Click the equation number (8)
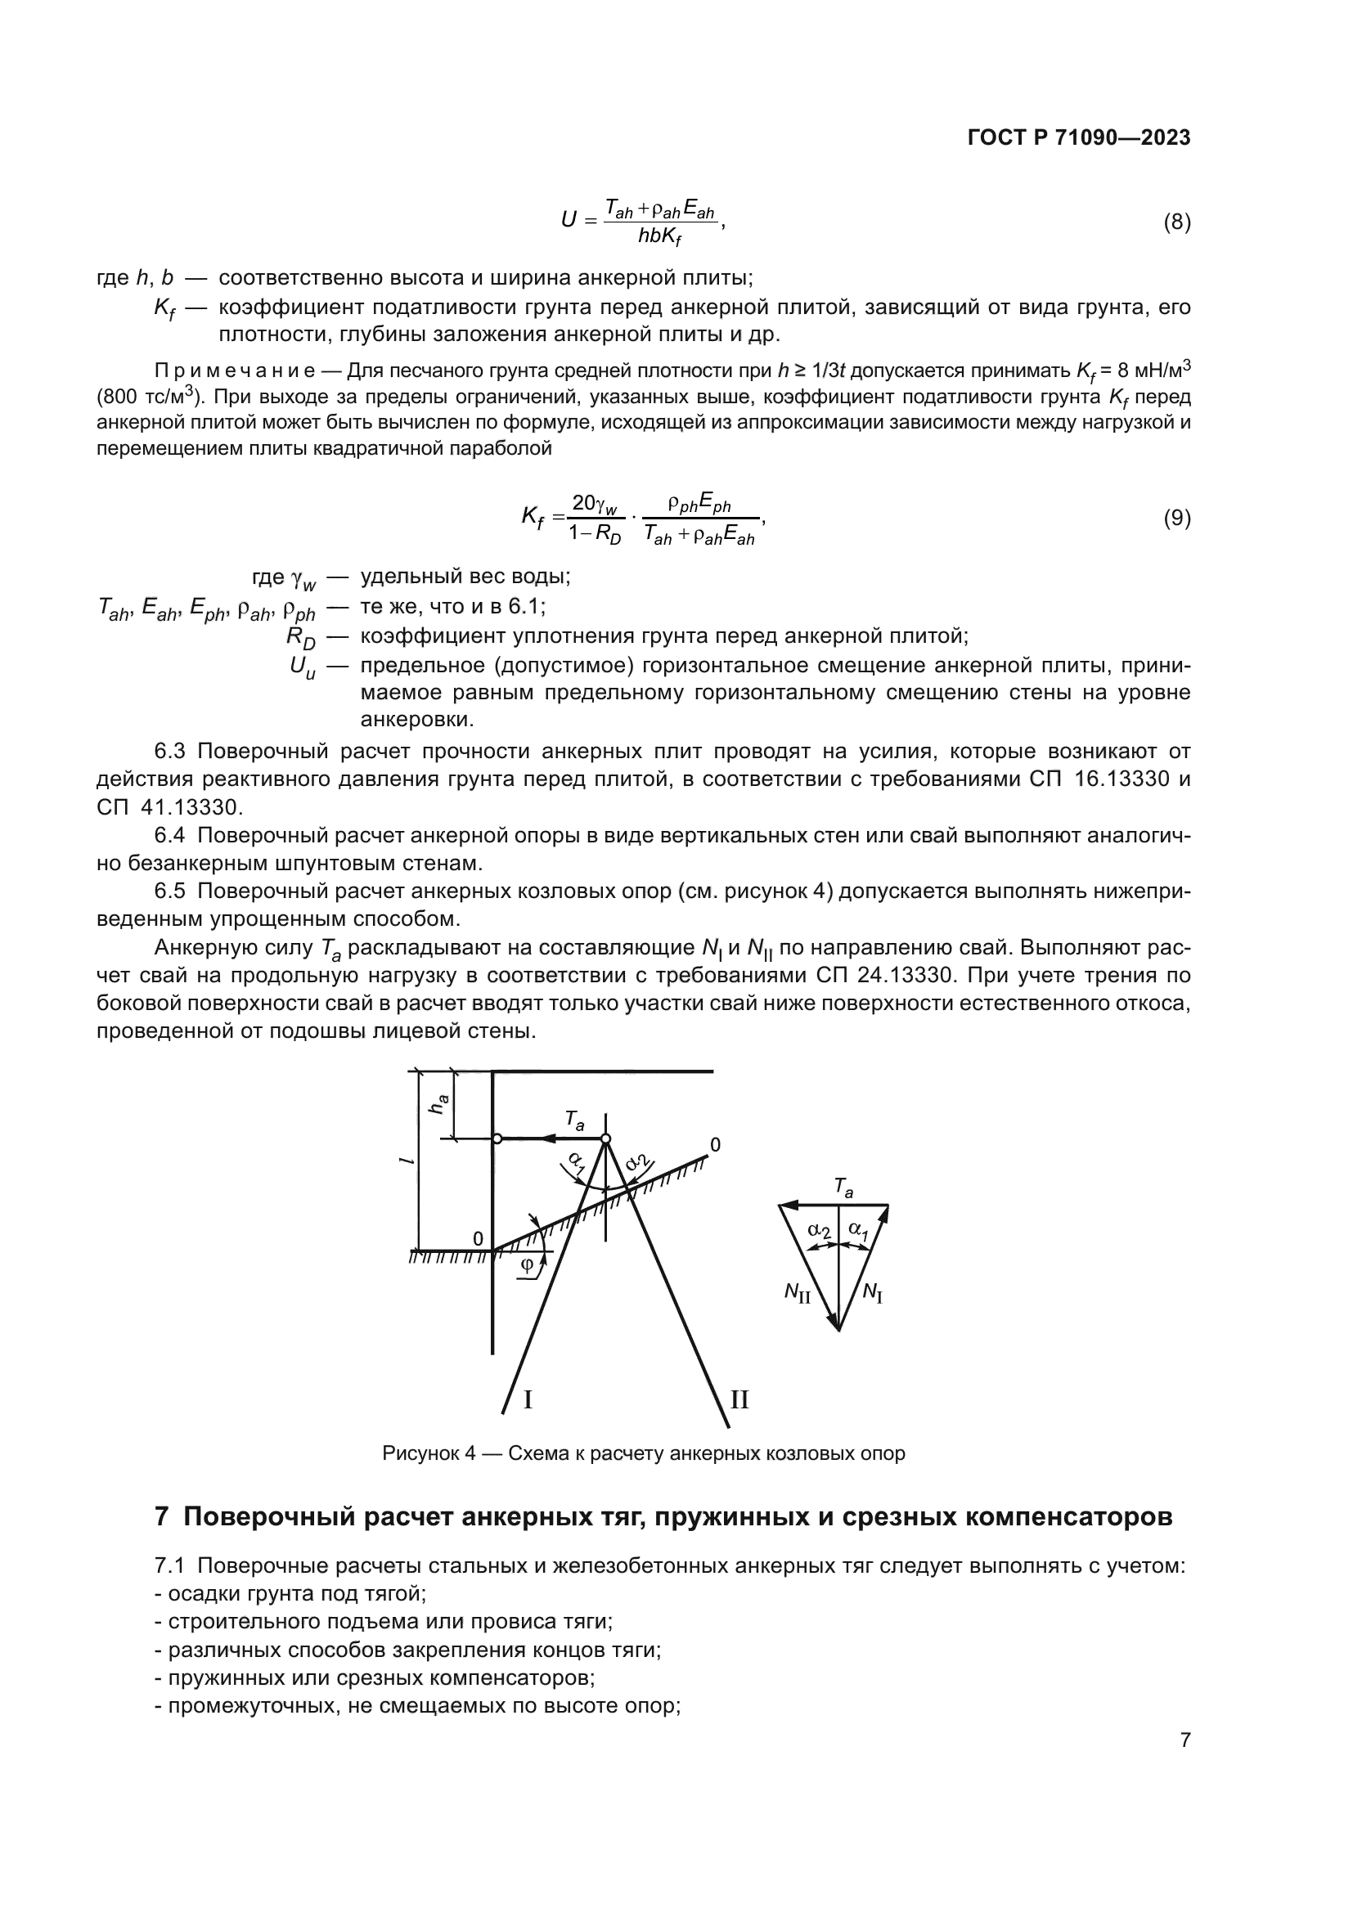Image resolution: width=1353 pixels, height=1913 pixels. (1176, 222)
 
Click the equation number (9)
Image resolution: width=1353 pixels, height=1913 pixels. (1176, 519)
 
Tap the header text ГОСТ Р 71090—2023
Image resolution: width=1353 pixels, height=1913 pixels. (1079, 138)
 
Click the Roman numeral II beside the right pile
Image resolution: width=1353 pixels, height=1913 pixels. (739, 1399)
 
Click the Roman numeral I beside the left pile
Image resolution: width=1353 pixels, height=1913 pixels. (528, 1399)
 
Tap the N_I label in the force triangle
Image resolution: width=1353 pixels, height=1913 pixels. (872, 1292)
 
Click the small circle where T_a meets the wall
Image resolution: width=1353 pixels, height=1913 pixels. (497, 1138)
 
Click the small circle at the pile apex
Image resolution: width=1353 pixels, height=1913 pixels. (605, 1138)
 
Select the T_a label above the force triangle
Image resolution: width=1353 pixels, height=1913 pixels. (843, 1188)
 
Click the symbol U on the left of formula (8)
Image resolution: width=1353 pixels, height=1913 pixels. (569, 220)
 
